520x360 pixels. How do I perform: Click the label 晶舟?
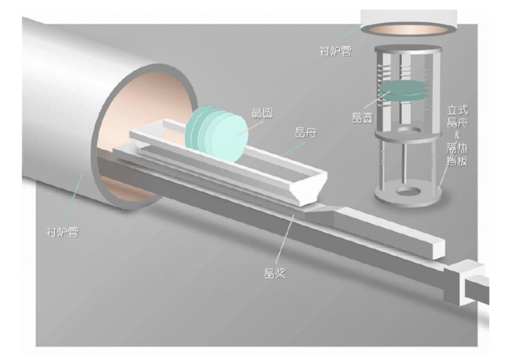click(x=305, y=133)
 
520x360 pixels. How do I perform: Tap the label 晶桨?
click(x=274, y=273)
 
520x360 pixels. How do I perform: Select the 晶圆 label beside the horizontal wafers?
click(x=262, y=113)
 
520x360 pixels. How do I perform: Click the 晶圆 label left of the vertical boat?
click(x=362, y=118)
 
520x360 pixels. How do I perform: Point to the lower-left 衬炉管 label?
click(x=63, y=232)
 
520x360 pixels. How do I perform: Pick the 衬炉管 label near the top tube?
click(x=335, y=51)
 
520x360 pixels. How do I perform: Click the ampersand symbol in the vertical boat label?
click(x=457, y=135)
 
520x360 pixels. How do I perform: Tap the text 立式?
click(x=457, y=110)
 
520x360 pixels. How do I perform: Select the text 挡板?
click(x=457, y=161)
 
